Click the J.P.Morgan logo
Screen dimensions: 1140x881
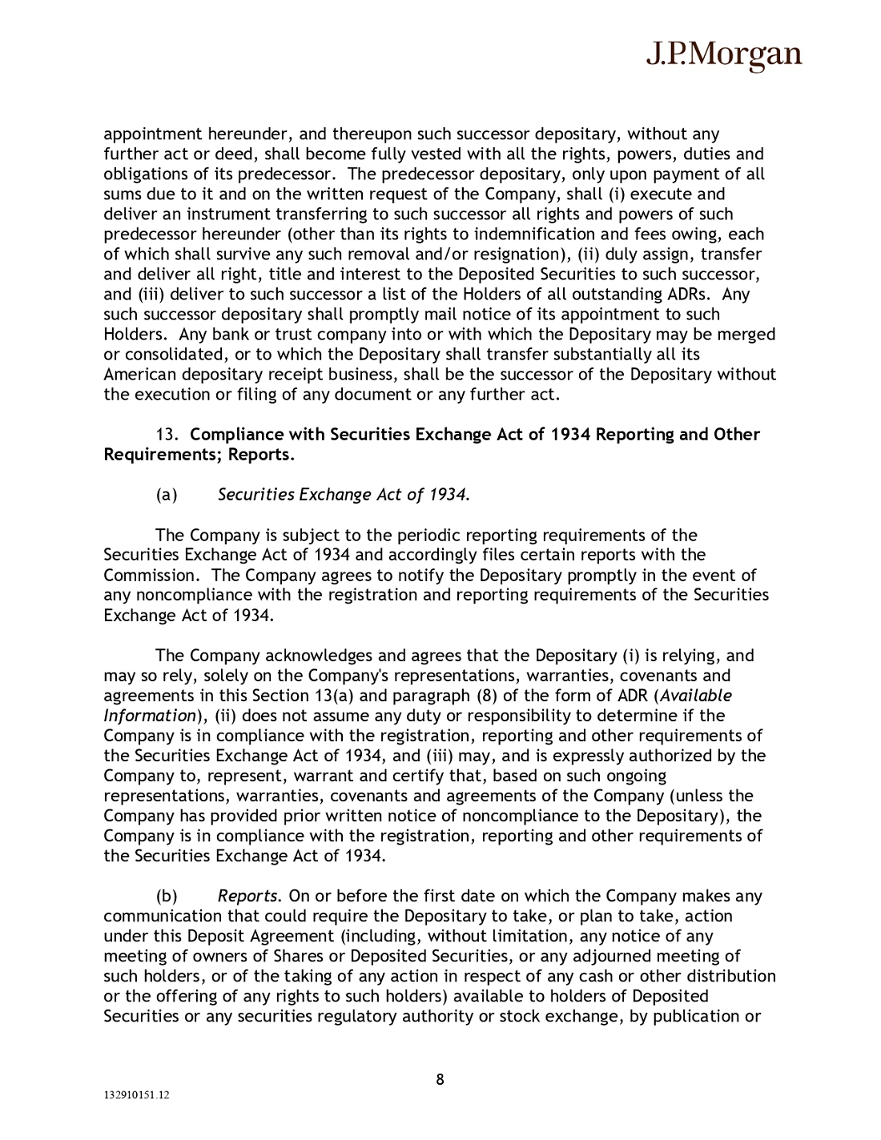click(x=723, y=54)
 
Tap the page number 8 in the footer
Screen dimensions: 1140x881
click(x=440, y=1079)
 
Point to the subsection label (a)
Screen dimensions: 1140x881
click(x=167, y=495)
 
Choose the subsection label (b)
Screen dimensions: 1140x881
click(x=167, y=896)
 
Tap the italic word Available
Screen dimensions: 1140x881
click(x=696, y=696)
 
